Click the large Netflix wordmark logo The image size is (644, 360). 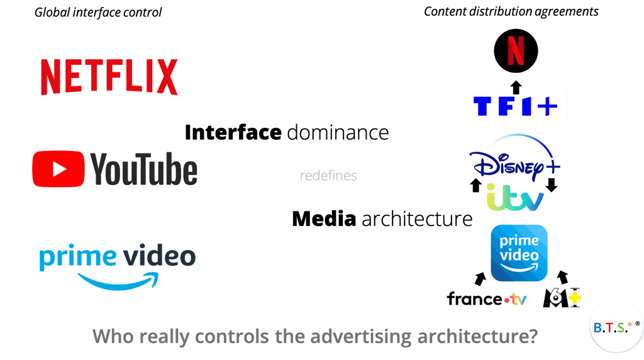109,77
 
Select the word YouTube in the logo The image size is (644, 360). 143,170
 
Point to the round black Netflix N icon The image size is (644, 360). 516,51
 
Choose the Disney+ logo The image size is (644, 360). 514,162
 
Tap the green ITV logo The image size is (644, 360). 515,200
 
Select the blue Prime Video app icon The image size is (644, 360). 519,253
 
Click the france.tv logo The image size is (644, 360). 487,300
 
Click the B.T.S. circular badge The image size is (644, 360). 609,327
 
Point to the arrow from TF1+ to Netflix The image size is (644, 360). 515,85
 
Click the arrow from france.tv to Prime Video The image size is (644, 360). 480,278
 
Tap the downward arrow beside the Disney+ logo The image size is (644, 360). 552,186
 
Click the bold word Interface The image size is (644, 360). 233,133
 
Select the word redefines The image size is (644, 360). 328,176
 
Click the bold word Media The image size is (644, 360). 325,219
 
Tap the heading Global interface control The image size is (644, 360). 97,12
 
